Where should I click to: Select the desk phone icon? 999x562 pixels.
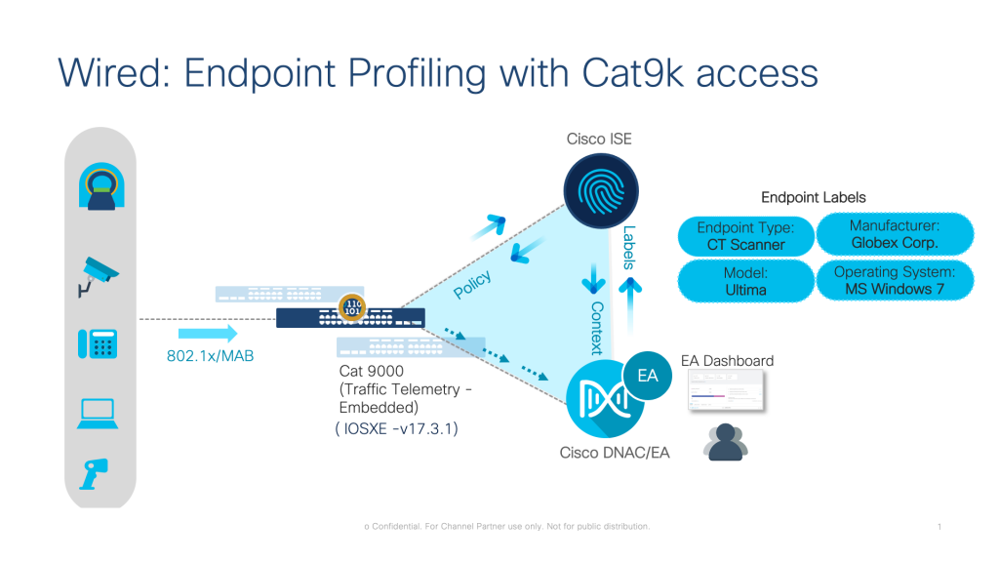point(98,344)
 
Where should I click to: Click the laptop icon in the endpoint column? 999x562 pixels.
point(98,413)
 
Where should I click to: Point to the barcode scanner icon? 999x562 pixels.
point(96,473)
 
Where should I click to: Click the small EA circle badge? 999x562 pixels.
point(647,374)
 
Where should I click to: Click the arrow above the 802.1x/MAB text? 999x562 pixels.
point(208,335)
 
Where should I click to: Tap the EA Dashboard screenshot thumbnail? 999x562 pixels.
point(726,393)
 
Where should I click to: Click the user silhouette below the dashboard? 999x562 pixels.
point(727,442)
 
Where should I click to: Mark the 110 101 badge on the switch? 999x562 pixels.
point(352,308)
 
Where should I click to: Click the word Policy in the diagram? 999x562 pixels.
point(473,285)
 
